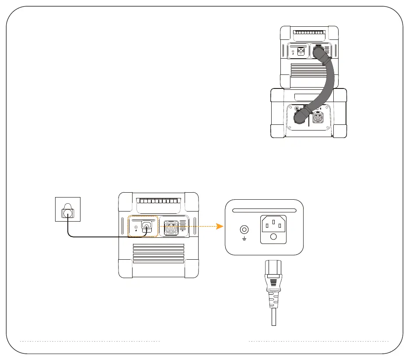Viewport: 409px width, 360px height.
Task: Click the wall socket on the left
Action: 67,209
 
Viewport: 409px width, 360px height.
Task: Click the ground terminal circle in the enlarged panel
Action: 244,229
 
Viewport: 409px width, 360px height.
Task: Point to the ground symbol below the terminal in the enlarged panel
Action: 244,239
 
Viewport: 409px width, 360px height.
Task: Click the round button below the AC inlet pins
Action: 273,237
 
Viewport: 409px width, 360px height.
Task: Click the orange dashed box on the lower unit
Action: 142,227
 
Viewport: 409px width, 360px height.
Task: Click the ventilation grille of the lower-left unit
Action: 158,254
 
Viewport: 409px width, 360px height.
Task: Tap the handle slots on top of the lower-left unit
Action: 158,202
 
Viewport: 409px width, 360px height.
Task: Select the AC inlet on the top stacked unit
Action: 301,52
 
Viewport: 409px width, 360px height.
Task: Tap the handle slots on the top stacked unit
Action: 309,33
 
